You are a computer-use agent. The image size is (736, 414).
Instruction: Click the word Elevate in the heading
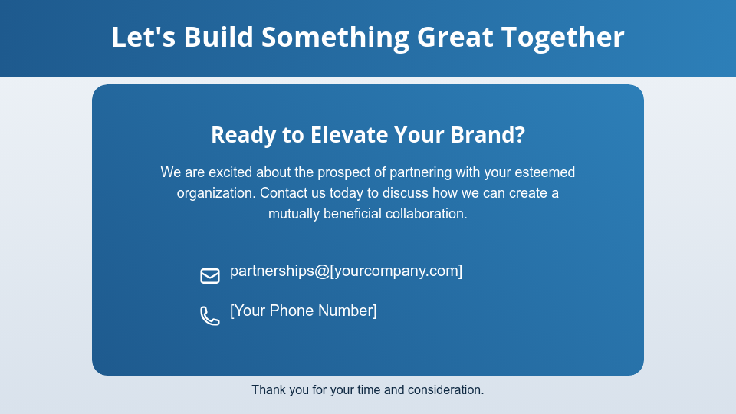pyautogui.click(x=348, y=135)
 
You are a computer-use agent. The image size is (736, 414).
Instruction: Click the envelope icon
pyautogui.click(x=210, y=275)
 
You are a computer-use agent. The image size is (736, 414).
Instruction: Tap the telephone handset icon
pyautogui.click(x=209, y=315)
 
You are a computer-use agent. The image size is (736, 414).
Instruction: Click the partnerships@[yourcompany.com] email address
pyautogui.click(x=346, y=271)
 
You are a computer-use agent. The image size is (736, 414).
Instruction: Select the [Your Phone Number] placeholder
pyautogui.click(x=303, y=310)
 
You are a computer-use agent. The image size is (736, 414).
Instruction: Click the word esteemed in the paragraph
pyautogui.click(x=544, y=172)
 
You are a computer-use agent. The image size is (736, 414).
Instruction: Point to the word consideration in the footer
pyautogui.click(x=445, y=390)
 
